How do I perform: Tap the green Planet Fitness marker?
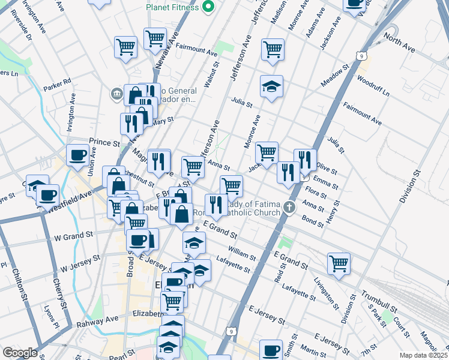[x=209, y=7]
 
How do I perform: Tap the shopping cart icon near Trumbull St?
[x=339, y=263]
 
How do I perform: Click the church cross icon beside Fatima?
[x=290, y=209]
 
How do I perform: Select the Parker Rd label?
[x=61, y=83]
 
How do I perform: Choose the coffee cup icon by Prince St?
[x=77, y=155]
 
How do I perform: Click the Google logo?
[x=20, y=353]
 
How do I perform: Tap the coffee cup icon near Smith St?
[x=271, y=349]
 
